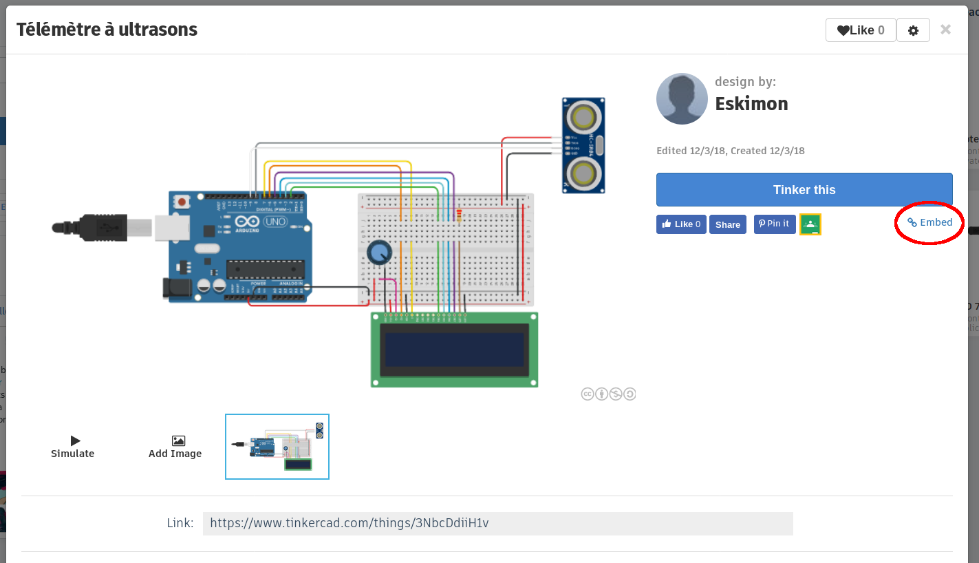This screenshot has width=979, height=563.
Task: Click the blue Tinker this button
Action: click(x=804, y=190)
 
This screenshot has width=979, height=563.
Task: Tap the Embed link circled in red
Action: click(x=929, y=222)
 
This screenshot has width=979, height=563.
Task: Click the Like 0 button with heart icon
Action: click(x=860, y=30)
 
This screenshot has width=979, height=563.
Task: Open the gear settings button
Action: click(x=913, y=30)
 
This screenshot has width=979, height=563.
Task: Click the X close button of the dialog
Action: click(x=945, y=30)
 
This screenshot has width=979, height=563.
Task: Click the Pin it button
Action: click(x=774, y=224)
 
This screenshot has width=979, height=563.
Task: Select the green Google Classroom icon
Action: click(x=810, y=224)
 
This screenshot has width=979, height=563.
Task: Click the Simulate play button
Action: click(x=73, y=446)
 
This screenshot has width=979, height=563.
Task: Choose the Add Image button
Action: click(x=175, y=446)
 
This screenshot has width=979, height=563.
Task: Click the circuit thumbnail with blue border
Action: click(x=277, y=447)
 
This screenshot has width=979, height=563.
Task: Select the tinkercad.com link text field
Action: click(x=497, y=523)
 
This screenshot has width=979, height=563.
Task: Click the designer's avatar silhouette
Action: click(x=682, y=99)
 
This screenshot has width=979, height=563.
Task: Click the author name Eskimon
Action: click(x=751, y=104)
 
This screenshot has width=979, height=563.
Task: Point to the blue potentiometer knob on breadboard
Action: click(x=378, y=253)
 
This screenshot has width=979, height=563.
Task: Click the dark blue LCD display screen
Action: click(x=454, y=350)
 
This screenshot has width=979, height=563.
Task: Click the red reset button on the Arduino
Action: click(x=182, y=202)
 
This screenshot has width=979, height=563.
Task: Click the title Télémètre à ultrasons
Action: click(x=107, y=30)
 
